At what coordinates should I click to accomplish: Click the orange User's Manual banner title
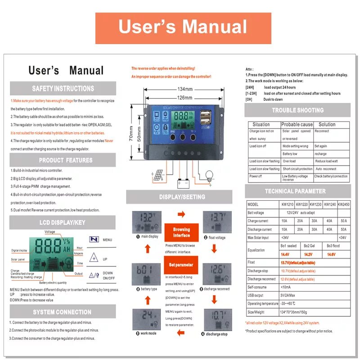click(x=183, y=28)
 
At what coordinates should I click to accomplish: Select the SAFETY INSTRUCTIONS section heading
click(x=63, y=89)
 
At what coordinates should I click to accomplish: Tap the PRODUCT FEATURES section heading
click(x=63, y=160)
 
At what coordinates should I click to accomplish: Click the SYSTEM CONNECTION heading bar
click(x=63, y=312)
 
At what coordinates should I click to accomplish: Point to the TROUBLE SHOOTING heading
click(x=297, y=110)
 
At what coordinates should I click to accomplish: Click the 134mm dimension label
click(x=184, y=89)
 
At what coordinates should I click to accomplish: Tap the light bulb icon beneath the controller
click(x=210, y=175)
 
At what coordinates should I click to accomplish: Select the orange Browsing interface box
click(x=181, y=233)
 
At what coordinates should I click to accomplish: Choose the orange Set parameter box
click(x=181, y=265)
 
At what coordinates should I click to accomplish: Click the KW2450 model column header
click(x=343, y=204)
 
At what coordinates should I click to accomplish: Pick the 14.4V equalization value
click(x=285, y=254)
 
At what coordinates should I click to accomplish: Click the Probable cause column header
click(x=297, y=125)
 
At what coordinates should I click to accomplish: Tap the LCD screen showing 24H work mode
click(x=147, y=319)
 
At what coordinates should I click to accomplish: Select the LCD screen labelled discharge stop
click(x=217, y=319)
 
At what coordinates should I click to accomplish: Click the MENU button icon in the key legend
click(x=94, y=240)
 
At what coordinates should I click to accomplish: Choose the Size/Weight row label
click(x=257, y=311)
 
